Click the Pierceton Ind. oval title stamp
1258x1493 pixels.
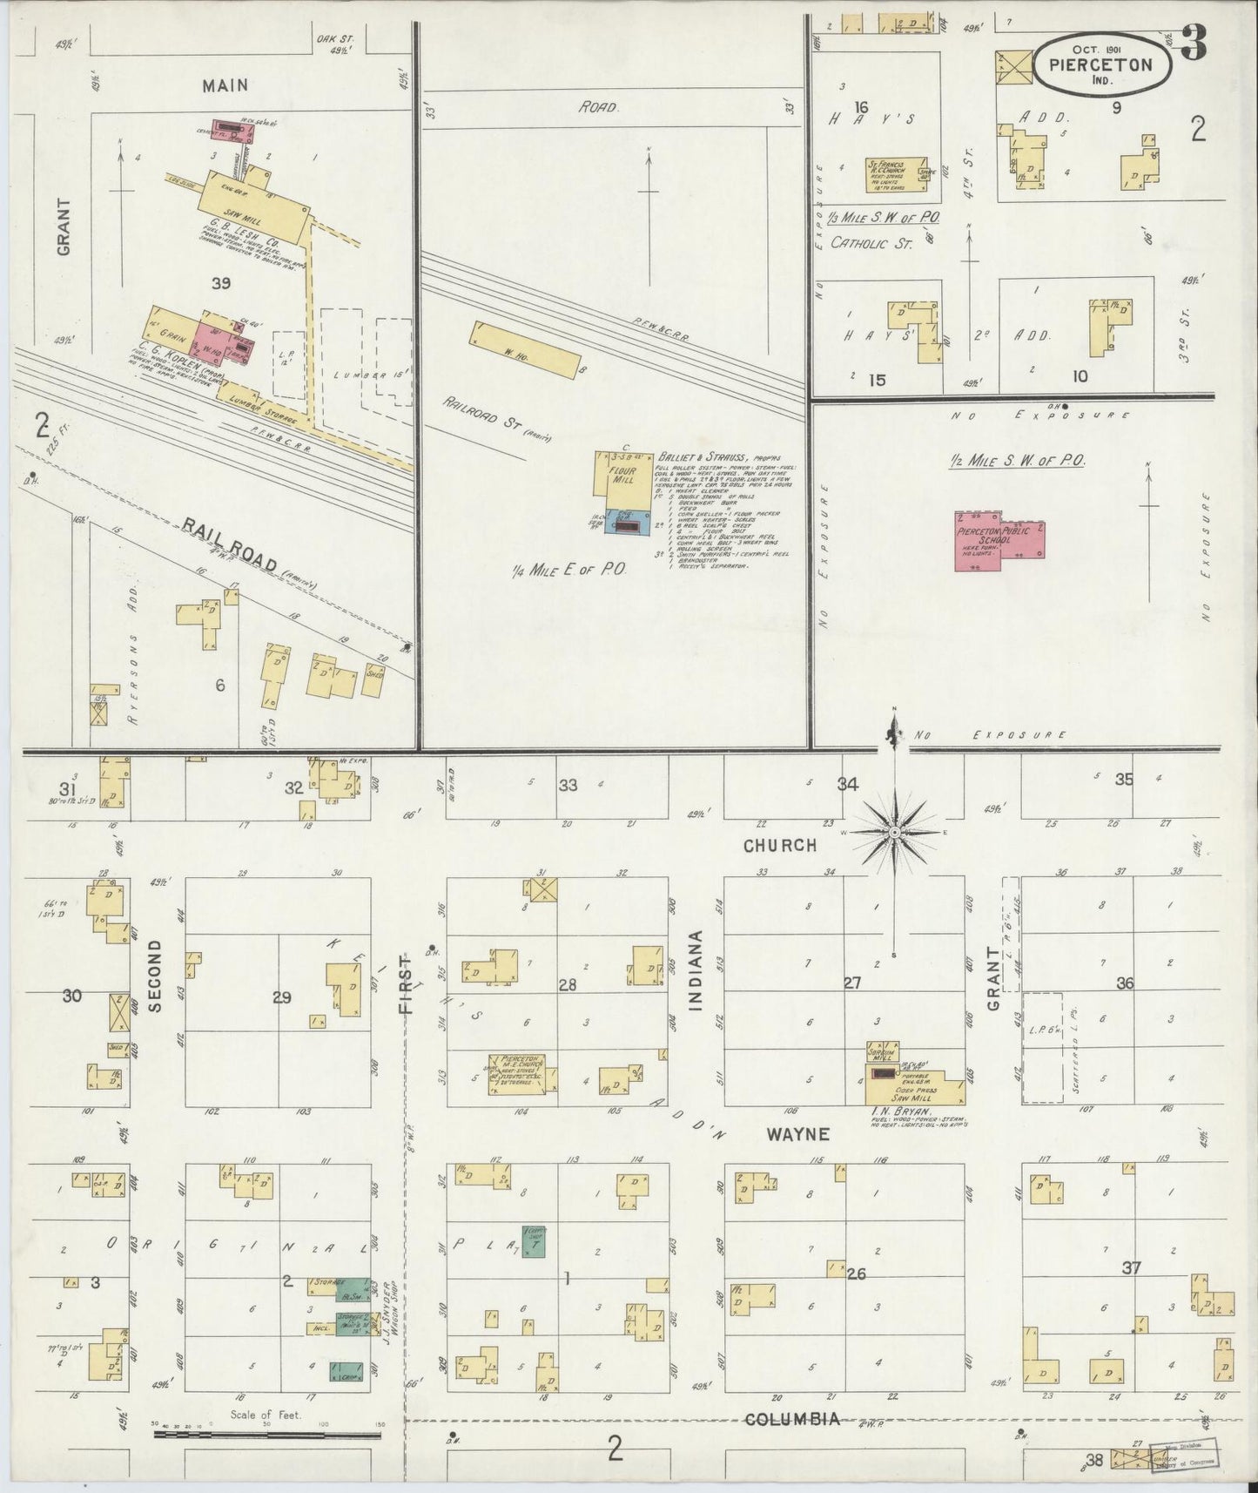coord(1100,64)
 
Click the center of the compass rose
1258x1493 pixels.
coord(894,834)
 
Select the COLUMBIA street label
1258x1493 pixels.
coord(792,1419)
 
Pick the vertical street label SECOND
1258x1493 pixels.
coord(156,976)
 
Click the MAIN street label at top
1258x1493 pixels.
coord(225,85)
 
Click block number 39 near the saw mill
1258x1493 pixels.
coord(220,283)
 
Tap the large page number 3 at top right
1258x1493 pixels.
coord(1194,44)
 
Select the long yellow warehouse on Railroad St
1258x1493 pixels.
coord(526,350)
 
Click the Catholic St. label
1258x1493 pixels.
coord(871,244)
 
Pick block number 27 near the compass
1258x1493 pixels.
coord(852,983)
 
